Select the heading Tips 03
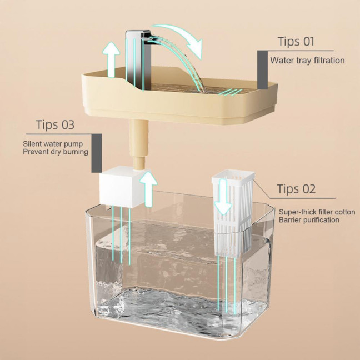[55, 124]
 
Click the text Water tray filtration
[307, 60]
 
